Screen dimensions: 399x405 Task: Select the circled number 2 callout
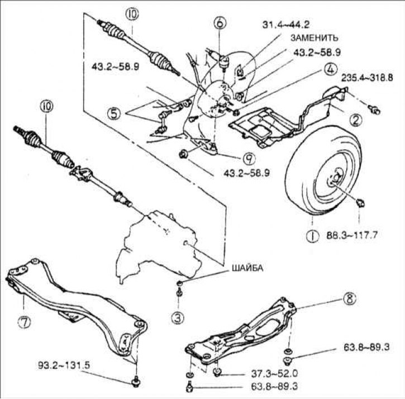353,118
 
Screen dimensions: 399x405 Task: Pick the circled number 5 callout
114,112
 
